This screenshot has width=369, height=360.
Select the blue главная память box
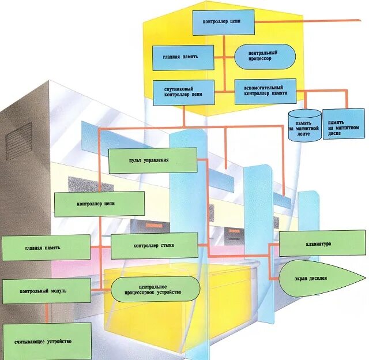[183, 58]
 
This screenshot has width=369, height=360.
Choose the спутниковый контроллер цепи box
[183, 92]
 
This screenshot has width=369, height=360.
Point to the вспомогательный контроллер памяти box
[266, 91]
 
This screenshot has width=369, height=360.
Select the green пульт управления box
[152, 160]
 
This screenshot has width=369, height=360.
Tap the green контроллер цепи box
[99, 204]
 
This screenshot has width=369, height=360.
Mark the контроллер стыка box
[154, 246]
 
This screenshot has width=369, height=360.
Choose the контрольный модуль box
[46, 291]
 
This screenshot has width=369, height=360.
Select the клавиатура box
[322, 244]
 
